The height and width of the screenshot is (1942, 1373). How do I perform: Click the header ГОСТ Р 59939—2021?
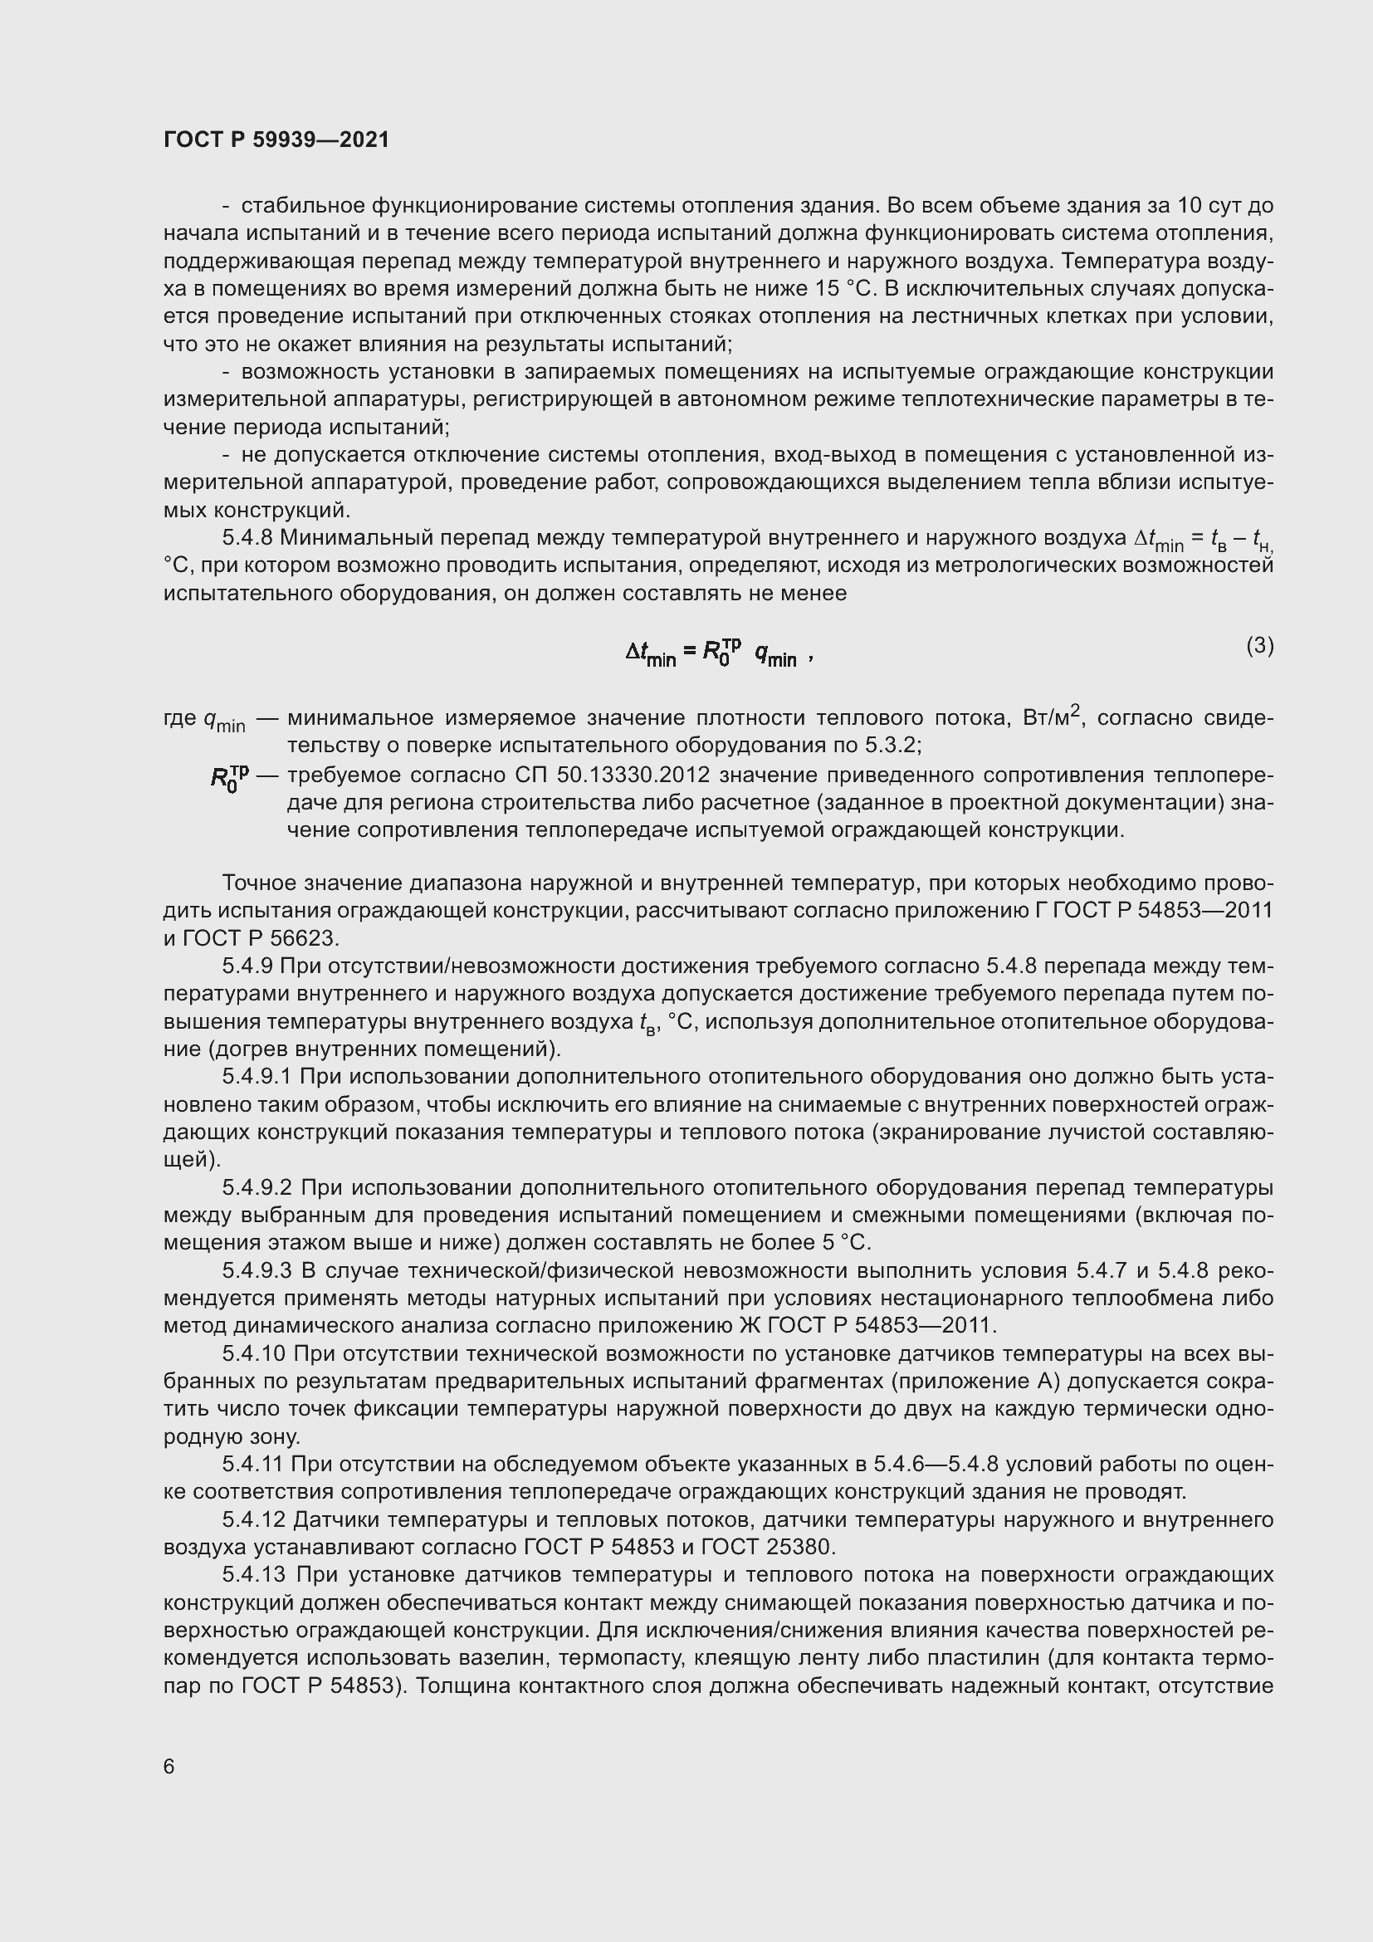coord(276,139)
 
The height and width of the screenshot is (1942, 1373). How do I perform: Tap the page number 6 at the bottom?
coord(169,1767)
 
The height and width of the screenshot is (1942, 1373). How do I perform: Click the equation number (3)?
coord(1259,646)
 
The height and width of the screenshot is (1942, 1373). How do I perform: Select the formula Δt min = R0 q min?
coord(719,652)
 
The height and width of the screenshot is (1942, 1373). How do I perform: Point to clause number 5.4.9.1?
coord(257,1077)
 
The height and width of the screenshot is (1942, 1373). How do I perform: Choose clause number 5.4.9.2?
coord(257,1187)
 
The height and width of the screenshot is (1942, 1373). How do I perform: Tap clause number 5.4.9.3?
coord(257,1270)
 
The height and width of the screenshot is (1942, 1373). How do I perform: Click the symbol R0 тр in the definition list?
coord(229,777)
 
